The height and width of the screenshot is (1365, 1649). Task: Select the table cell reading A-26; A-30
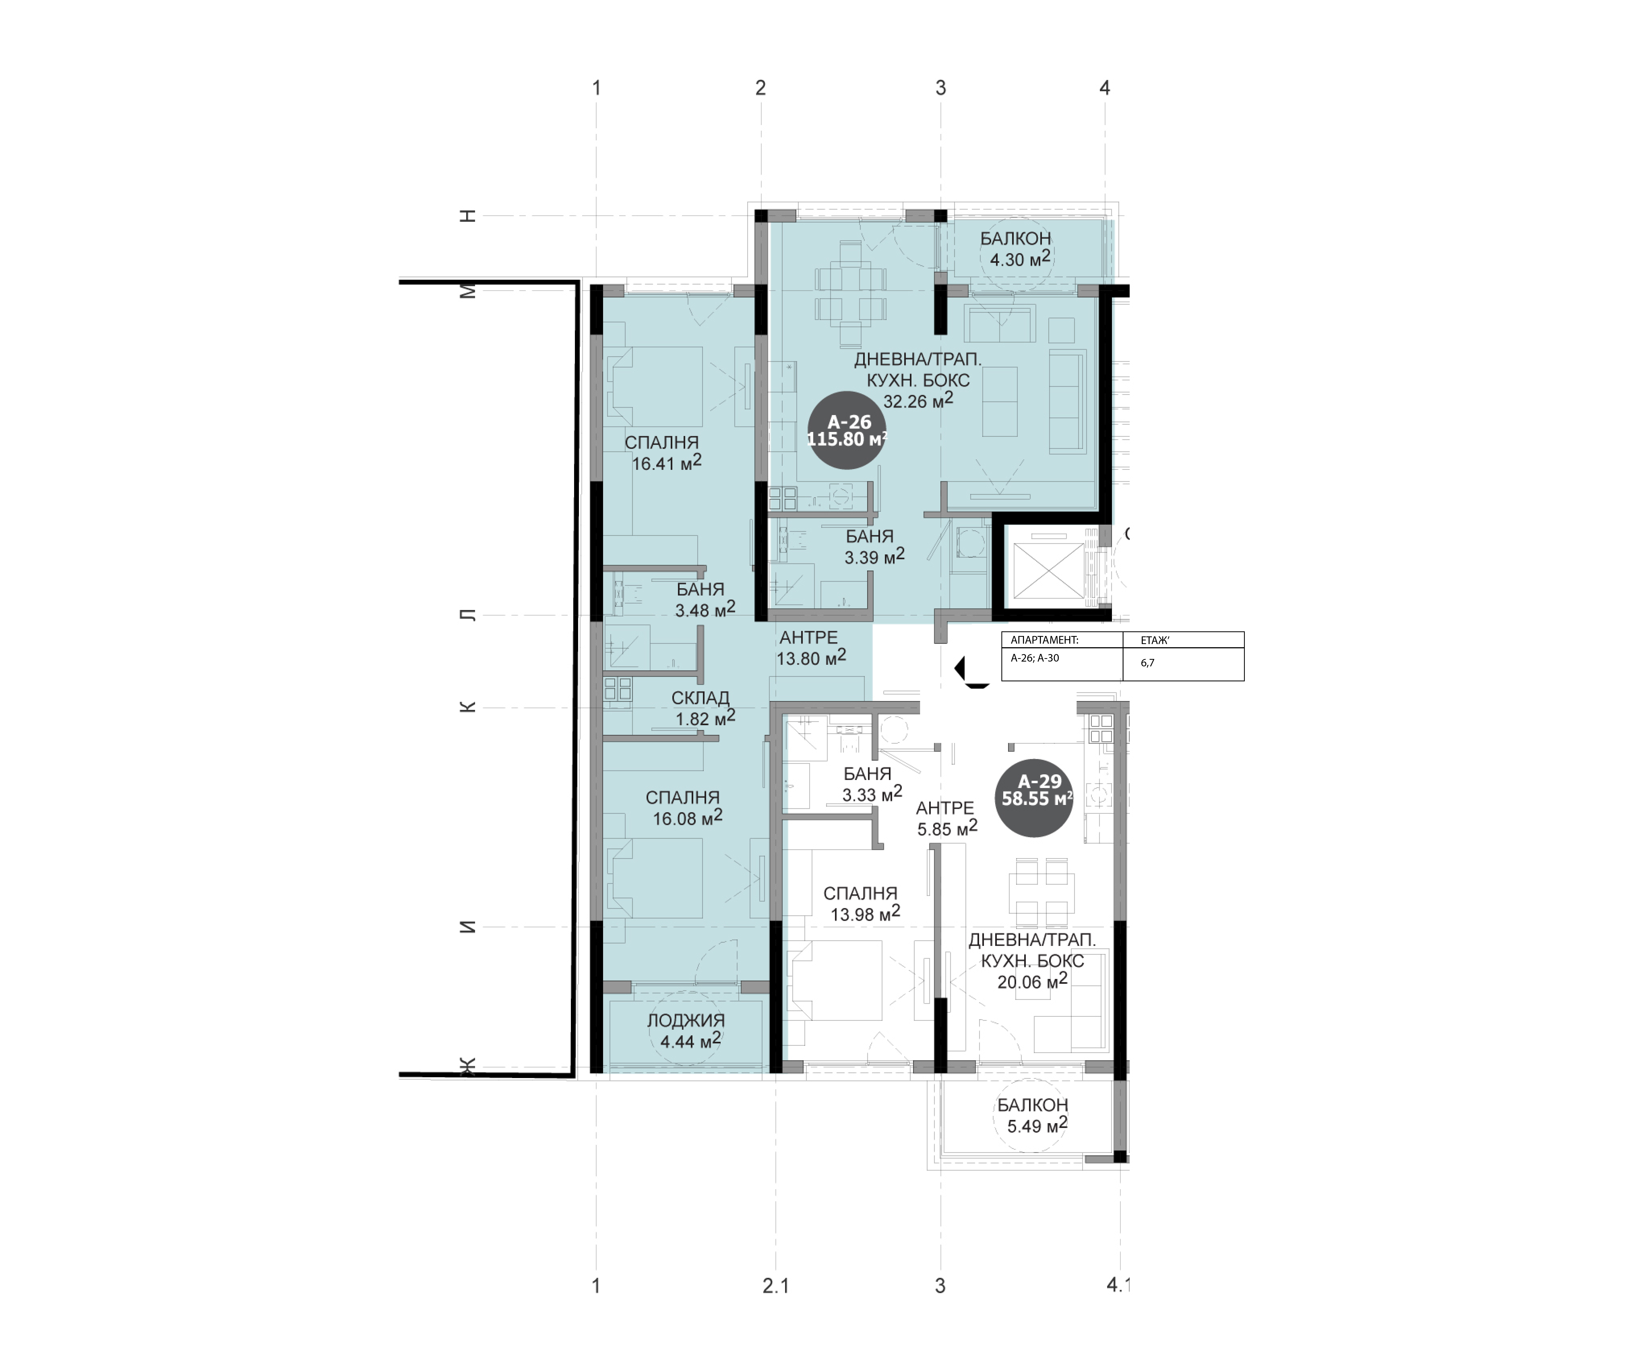pos(1062,664)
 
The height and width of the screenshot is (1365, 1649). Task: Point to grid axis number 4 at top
pos(1105,88)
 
